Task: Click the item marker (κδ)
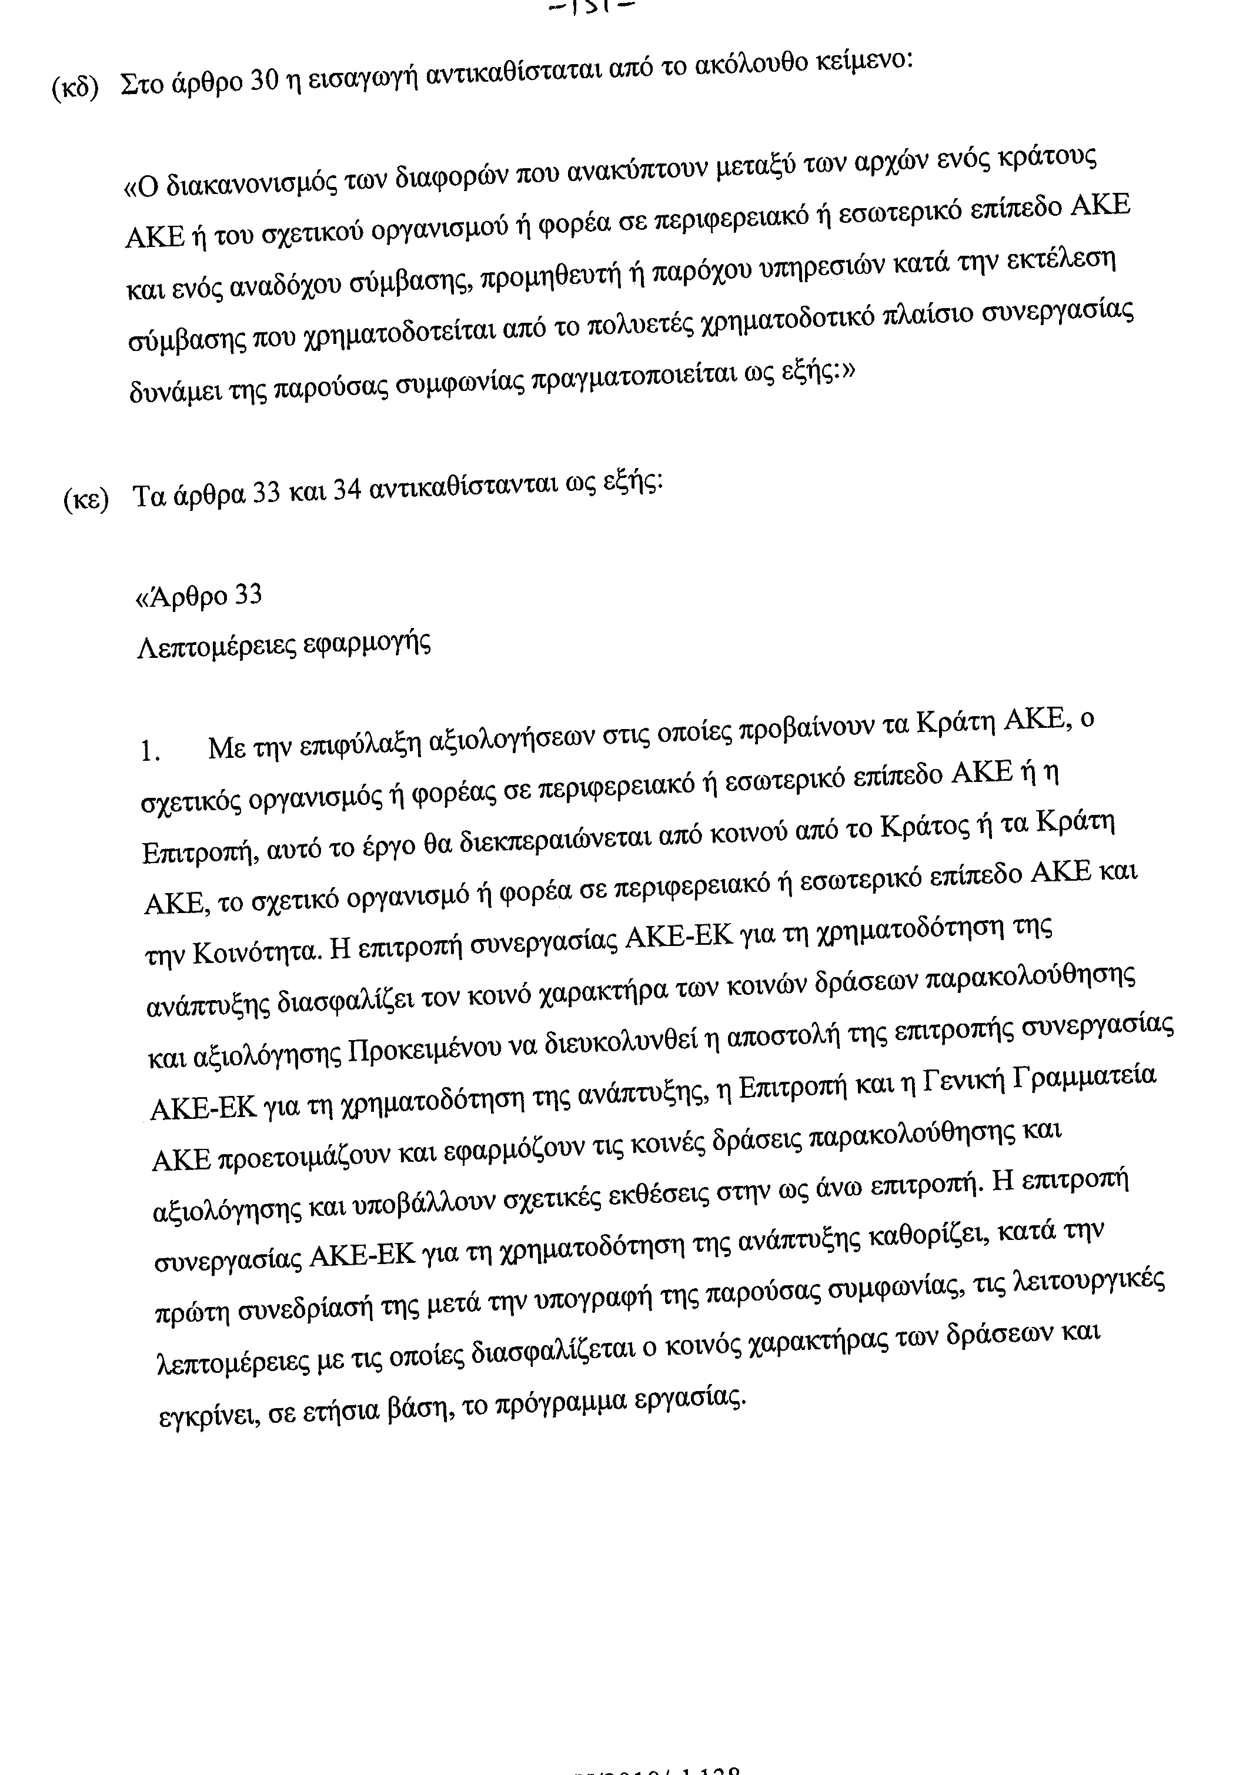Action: click(75, 89)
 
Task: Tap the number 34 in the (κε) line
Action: click(348, 492)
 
